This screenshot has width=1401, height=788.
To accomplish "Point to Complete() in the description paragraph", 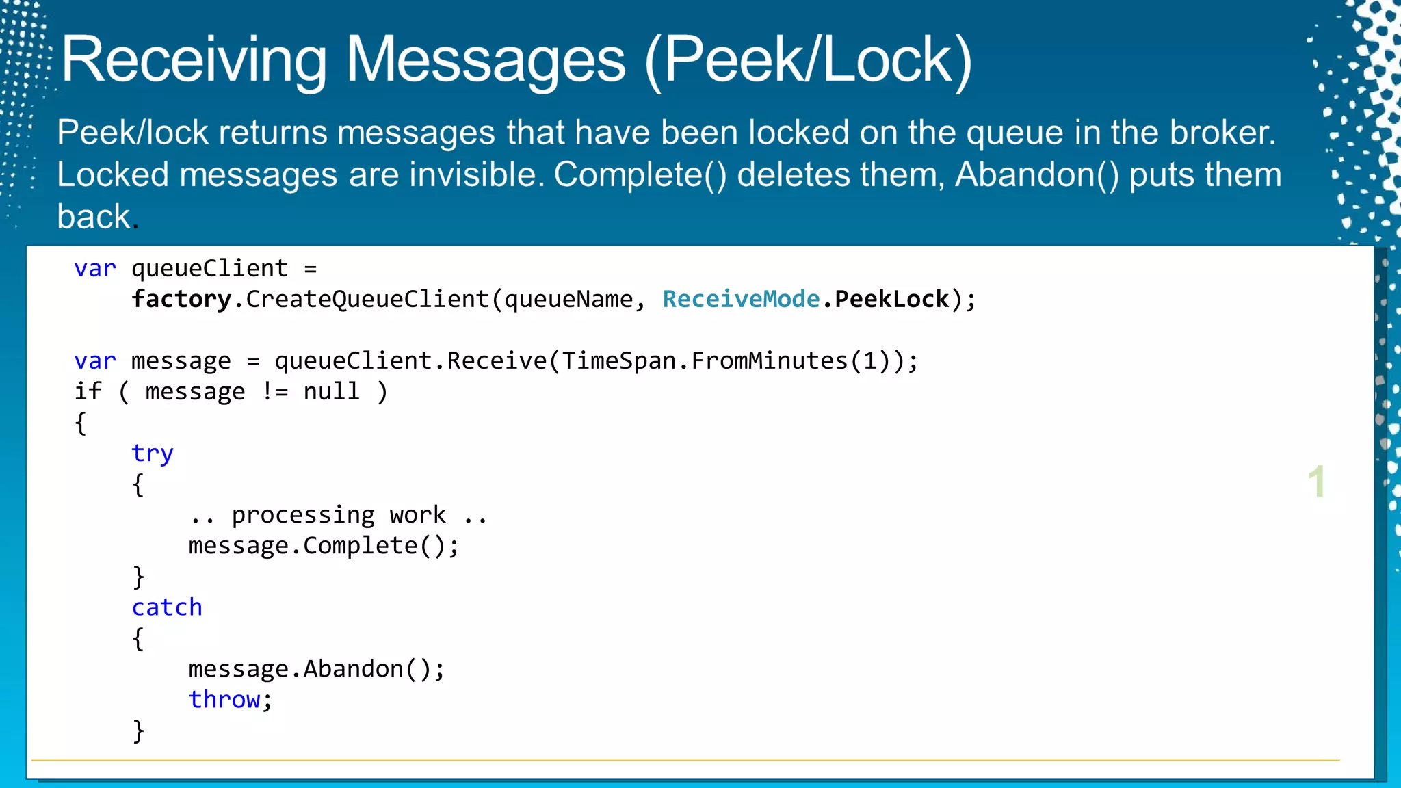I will pyautogui.click(x=640, y=174).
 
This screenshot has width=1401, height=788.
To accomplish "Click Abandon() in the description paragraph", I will pyautogui.click(x=1036, y=174).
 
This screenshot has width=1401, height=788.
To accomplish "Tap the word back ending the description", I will pyautogui.click(x=94, y=217).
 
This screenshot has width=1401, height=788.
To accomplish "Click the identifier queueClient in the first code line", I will pyautogui.click(x=209, y=268).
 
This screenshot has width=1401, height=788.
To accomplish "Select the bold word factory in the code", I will pyautogui.click(x=181, y=299).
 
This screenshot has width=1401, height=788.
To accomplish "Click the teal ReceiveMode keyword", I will pyautogui.click(x=741, y=299).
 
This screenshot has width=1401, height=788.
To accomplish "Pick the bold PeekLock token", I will pyautogui.click(x=891, y=299).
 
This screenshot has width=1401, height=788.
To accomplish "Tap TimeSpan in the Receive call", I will pyautogui.click(x=618, y=360).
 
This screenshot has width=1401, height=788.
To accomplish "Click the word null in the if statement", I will pyautogui.click(x=331, y=391).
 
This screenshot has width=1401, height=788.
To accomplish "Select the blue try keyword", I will pyautogui.click(x=152, y=454).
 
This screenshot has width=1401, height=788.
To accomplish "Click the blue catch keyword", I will pyautogui.click(x=167, y=607).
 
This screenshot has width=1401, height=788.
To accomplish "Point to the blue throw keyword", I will pyautogui.click(x=224, y=700).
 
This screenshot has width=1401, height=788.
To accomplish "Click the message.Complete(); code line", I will pyautogui.click(x=324, y=546).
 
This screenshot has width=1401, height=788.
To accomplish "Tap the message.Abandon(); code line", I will pyautogui.click(x=316, y=669).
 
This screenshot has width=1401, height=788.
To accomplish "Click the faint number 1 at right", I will pyautogui.click(x=1316, y=482).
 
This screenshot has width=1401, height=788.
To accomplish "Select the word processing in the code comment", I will pyautogui.click(x=303, y=515).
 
